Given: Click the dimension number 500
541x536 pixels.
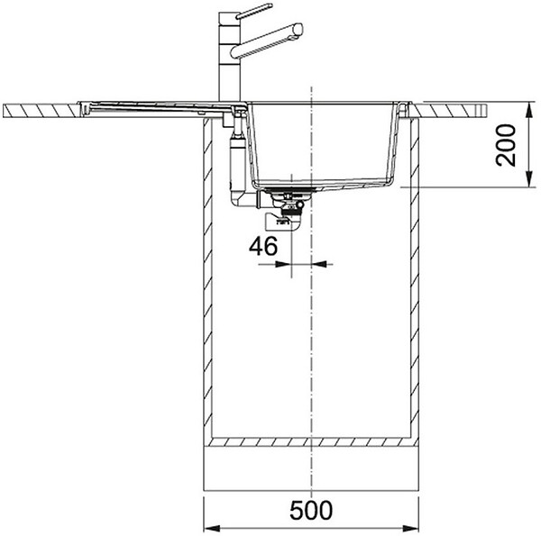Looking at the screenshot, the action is (311, 510).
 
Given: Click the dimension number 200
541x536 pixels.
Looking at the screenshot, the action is (506, 145).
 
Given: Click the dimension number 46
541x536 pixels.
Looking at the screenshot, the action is (263, 246).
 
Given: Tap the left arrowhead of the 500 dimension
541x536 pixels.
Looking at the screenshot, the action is (212, 528).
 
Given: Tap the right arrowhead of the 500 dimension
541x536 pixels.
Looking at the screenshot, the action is (410, 528).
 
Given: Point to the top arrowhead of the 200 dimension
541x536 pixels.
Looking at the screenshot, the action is (529, 110).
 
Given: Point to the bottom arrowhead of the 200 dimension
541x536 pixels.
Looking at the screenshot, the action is (529, 179).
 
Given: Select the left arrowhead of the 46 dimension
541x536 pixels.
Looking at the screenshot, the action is (283, 264).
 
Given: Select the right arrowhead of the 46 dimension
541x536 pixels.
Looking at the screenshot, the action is (319, 264).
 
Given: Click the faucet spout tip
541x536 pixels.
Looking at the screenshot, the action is (298, 31).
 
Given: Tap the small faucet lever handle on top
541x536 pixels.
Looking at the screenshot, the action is (254, 11).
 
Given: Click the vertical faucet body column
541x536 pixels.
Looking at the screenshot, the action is (229, 57).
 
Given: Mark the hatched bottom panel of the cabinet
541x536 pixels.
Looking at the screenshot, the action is (311, 442).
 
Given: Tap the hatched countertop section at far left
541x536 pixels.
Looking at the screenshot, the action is (42, 110).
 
